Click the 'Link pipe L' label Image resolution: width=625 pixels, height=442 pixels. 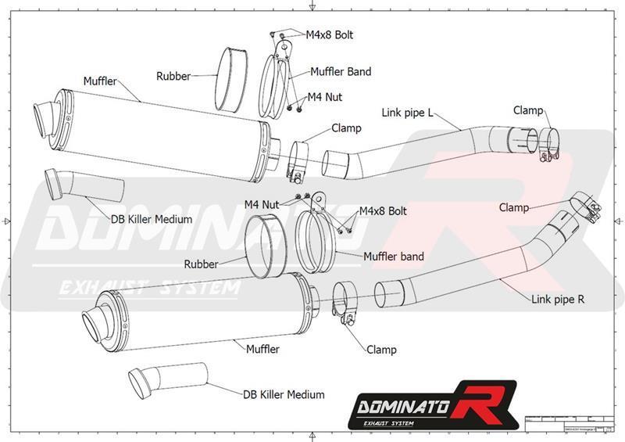407,113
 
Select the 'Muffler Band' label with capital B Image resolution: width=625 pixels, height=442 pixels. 341,71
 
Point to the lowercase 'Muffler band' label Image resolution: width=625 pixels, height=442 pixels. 394,256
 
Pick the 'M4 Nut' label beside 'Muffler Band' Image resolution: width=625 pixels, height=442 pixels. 325,97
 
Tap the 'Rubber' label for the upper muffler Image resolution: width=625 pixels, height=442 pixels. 173,76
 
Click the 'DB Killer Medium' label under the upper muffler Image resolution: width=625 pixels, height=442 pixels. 152,219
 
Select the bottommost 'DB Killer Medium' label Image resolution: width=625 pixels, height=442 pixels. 284,394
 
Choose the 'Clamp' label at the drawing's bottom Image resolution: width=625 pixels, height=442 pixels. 380,349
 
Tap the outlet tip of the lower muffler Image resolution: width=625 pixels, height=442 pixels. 95,322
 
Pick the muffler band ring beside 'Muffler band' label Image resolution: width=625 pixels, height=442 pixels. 318,245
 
